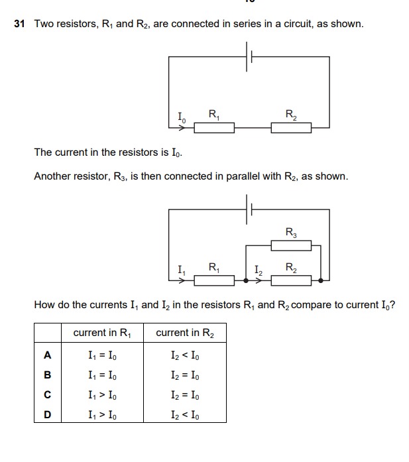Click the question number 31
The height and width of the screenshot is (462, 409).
tap(19, 24)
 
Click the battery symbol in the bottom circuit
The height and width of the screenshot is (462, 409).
tap(249, 209)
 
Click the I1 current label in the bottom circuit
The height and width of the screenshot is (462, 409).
tap(181, 270)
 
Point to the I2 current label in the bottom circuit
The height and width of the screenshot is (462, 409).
tap(259, 270)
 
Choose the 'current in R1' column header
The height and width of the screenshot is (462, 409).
tap(103, 333)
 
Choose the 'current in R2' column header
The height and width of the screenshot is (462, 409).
tap(185, 333)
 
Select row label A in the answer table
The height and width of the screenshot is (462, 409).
tap(47, 355)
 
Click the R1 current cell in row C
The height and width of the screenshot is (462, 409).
tap(103, 395)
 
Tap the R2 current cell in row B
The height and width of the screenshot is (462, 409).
tap(185, 375)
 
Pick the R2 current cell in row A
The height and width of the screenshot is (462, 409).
tap(185, 355)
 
